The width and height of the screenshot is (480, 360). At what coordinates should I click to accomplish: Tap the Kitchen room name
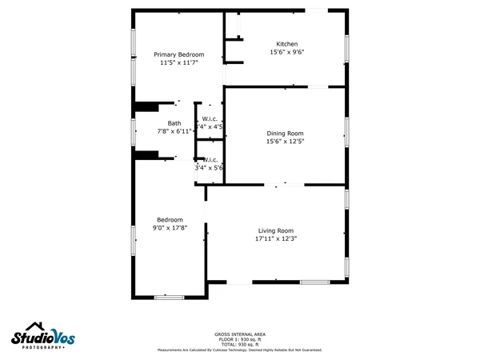point(287,44)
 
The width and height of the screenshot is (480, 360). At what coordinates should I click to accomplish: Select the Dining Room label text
point(285,133)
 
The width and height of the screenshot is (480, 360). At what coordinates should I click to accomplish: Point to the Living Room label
point(275,230)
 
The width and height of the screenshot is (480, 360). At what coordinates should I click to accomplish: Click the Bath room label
point(174,123)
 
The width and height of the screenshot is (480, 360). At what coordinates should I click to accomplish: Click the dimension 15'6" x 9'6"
point(287,52)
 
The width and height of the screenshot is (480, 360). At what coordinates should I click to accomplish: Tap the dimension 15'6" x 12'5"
point(285,141)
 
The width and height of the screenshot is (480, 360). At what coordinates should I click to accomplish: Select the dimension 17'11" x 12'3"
point(276,238)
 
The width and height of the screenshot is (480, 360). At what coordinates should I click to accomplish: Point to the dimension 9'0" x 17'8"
point(170,227)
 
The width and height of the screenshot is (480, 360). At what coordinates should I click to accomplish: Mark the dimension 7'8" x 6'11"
point(174,130)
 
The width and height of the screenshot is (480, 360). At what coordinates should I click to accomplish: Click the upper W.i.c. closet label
point(211,119)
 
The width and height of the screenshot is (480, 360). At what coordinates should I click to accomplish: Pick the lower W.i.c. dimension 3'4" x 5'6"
point(209,167)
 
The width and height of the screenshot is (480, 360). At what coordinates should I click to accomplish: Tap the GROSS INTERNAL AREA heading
point(240,334)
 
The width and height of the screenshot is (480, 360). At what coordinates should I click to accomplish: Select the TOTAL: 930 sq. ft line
point(240,344)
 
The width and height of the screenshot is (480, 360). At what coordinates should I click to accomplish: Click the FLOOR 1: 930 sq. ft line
point(240,339)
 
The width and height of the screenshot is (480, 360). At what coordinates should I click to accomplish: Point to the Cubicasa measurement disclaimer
point(240,350)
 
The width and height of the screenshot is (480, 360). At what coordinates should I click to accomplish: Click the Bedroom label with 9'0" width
point(170,219)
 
